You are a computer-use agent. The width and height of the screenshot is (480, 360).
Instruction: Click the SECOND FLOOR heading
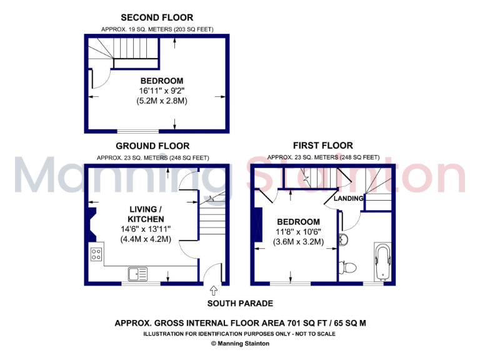click(156, 17)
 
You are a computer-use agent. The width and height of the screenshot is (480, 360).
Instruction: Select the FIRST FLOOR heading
click(323, 145)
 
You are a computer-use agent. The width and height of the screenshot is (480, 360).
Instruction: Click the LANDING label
click(349, 198)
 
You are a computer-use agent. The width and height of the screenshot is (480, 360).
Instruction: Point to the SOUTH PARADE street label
click(241, 304)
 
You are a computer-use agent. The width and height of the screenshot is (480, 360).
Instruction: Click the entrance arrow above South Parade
click(214, 290)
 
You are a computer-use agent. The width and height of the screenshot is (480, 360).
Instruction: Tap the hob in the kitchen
click(97, 254)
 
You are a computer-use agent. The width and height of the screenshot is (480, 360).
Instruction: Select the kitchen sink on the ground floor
click(137, 273)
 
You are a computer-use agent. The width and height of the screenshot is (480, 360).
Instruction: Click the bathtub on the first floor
click(381, 261)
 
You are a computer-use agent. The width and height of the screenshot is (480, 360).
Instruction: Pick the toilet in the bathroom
click(349, 267)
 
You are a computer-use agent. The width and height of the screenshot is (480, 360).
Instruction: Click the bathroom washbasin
click(343, 240)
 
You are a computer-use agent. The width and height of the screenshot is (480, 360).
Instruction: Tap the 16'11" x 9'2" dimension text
click(161, 91)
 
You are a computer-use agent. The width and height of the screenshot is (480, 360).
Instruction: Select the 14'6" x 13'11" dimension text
click(146, 229)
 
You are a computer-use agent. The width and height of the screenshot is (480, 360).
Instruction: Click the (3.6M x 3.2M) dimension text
click(298, 242)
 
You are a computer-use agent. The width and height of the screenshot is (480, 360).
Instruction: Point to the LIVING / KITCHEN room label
click(146, 214)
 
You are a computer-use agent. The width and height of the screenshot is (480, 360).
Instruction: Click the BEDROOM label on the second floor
click(161, 81)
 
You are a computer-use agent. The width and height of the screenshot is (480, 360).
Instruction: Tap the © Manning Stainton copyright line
click(240, 343)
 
